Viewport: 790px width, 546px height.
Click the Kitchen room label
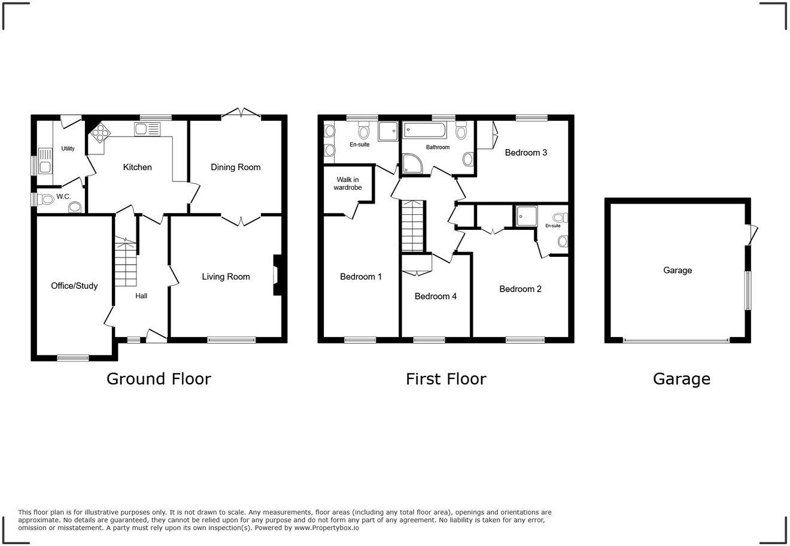pos(137,167)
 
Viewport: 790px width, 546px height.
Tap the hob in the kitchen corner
pos(98,133)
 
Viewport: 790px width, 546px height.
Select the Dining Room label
pos(235,167)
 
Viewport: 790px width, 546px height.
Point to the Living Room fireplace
pos(276,275)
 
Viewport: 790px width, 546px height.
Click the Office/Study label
pos(74,286)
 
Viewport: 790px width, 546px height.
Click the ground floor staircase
pos(126,263)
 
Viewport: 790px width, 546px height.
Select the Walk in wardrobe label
pos(348,183)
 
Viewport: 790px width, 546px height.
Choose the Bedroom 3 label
pos(525,153)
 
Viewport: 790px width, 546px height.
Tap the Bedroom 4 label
pos(435,296)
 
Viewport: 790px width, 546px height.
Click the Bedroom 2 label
pos(520,289)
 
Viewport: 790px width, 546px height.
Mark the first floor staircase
pos(412,226)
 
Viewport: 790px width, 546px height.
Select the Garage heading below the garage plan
pos(681,379)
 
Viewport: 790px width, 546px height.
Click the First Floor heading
pos(446,379)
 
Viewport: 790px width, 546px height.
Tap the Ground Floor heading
pos(159,379)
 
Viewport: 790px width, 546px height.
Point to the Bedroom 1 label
pos(361,277)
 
